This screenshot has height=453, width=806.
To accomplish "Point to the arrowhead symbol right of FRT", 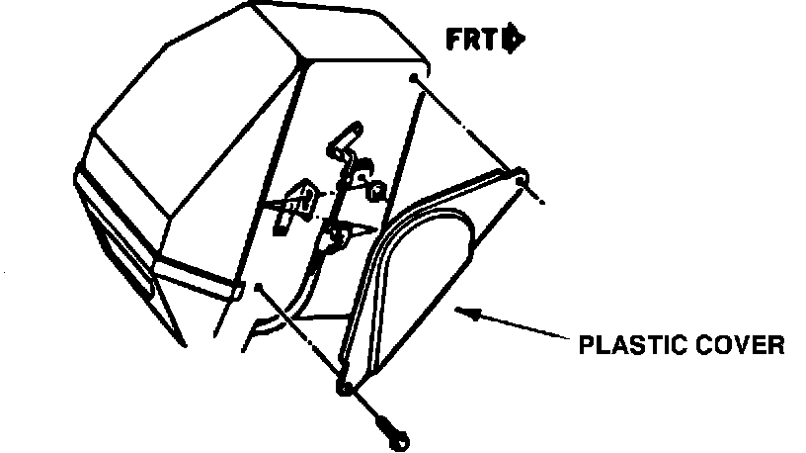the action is pyautogui.click(x=514, y=40).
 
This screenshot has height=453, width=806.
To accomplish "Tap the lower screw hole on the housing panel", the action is pyautogui.click(x=257, y=288).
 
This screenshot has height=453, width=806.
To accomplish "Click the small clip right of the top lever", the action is pyautogui.click(x=375, y=183).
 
